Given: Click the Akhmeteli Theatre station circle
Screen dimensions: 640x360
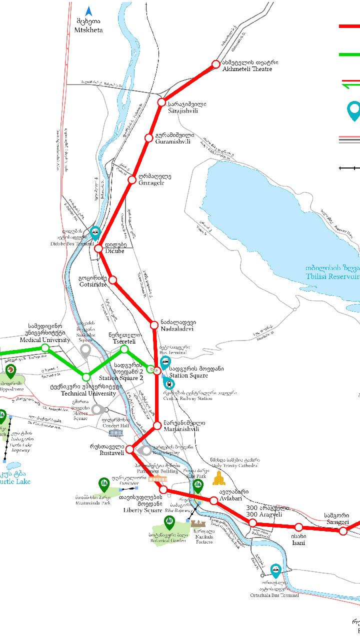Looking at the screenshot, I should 215,64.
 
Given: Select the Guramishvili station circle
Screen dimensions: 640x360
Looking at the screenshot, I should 148,138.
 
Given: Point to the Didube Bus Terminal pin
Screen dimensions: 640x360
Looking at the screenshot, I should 95,232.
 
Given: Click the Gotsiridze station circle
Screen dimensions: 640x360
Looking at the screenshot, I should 113,280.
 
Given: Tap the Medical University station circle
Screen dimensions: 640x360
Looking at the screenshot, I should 45,347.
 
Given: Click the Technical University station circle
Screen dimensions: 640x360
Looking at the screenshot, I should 86,376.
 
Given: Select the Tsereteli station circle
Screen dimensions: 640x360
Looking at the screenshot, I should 124,349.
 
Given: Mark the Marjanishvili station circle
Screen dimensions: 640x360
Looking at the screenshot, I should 157,426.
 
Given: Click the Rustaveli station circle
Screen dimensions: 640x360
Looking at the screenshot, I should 129,449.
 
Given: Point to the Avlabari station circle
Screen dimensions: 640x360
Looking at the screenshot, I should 214,500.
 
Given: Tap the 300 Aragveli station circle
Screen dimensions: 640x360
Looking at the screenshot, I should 252,523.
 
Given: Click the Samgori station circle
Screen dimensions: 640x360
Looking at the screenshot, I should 343,531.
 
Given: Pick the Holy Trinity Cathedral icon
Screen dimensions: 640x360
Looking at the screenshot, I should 218,478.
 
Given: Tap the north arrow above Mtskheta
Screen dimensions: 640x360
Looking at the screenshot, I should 88,11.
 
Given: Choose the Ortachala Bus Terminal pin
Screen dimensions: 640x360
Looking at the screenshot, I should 275,569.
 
